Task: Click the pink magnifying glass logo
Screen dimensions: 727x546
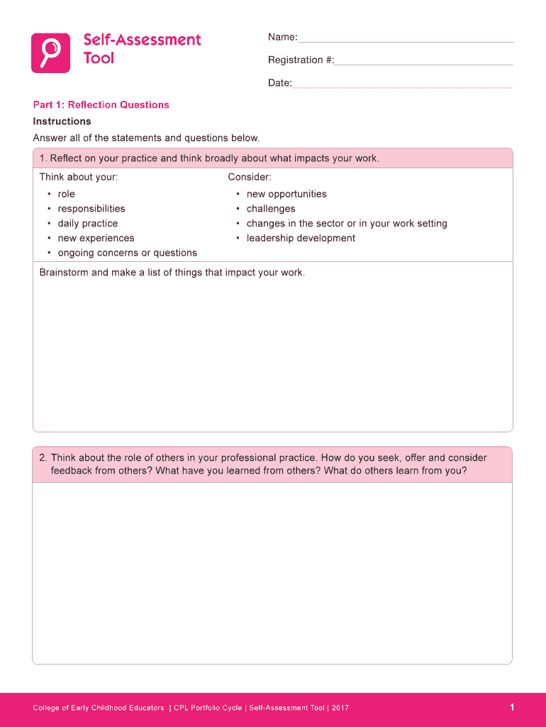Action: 50,53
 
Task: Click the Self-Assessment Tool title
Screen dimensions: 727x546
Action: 142,48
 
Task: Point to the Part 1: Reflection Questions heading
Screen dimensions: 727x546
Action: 101,105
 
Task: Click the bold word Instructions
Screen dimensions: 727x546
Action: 62,121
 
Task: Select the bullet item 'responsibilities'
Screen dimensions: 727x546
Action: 91,209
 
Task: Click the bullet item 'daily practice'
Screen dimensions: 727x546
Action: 88,224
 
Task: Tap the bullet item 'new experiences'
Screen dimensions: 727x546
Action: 96,239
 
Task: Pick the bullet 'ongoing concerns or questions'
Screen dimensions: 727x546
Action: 128,253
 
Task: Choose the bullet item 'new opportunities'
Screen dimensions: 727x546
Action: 286,194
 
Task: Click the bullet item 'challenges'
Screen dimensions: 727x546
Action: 271,209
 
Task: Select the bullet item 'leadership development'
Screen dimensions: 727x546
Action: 301,239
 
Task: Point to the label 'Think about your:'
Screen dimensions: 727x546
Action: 79,177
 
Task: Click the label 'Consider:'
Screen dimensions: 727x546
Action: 250,177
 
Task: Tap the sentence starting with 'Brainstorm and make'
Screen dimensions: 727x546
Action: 172,273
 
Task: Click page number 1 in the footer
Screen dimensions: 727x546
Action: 511,707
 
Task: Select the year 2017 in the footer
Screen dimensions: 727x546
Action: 340,708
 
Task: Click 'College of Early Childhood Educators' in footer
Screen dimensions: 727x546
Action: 99,708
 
